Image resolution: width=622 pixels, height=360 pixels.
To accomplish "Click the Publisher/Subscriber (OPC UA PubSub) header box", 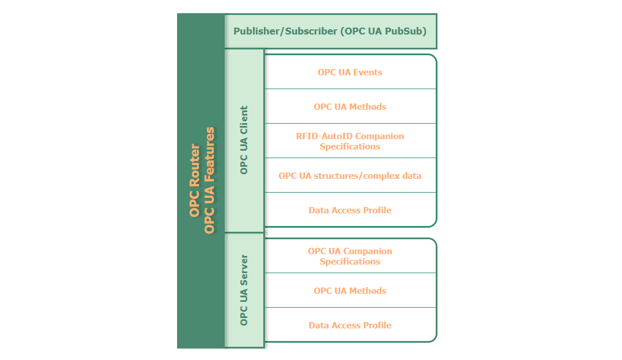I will click(331, 31).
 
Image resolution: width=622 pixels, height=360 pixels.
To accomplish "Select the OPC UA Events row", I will click(350, 72).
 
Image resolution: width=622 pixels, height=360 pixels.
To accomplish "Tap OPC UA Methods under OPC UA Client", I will click(350, 107).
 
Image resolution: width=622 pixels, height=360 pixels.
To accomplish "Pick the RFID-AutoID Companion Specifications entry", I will click(350, 141).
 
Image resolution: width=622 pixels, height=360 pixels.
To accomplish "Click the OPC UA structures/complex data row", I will click(350, 175).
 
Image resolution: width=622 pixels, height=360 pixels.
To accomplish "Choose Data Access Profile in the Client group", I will click(350, 210).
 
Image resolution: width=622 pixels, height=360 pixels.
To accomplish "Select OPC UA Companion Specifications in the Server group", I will click(350, 256).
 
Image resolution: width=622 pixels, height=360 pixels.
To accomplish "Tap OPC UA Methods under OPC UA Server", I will click(350, 291).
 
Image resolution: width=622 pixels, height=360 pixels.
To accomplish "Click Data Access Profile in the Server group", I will click(350, 325).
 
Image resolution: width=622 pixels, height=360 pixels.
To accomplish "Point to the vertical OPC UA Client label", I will click(244, 140).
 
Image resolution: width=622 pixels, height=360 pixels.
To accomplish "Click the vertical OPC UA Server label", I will click(244, 290).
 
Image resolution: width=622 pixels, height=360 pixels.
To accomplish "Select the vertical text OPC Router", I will click(195, 181).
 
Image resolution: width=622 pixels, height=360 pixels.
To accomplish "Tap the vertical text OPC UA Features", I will click(210, 181).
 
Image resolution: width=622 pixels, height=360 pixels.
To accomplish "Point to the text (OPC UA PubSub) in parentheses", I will click(383, 31).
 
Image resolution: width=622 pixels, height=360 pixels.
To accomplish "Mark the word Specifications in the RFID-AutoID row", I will click(350, 147).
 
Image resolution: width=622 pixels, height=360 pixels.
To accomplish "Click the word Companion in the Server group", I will click(370, 251).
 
